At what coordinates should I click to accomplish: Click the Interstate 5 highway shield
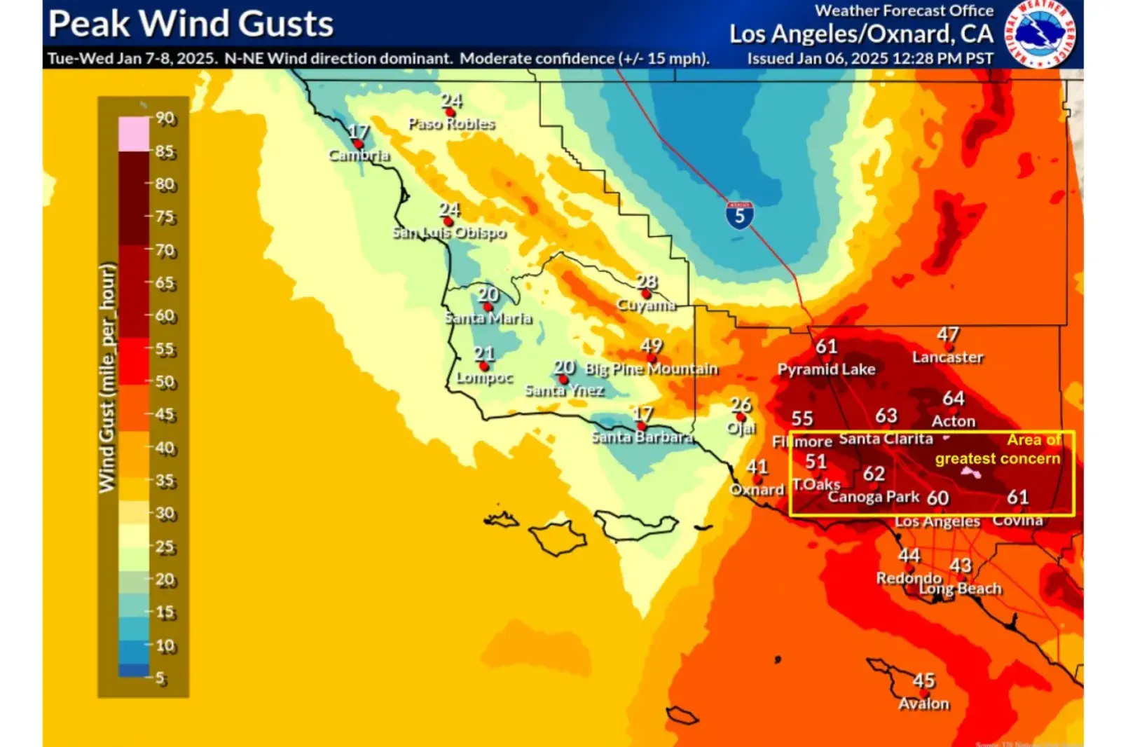tap(739, 215)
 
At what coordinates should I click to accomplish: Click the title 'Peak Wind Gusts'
tap(191, 24)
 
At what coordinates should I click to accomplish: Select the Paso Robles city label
tap(451, 124)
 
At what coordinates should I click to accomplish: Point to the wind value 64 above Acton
tap(953, 398)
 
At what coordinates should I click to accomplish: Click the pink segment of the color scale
tap(134, 134)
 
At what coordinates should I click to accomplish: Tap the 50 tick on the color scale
tap(165, 382)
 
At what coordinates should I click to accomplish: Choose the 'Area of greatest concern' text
tap(998, 449)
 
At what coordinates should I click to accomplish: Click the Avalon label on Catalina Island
tap(923, 704)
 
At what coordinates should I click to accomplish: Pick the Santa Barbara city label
tap(642, 437)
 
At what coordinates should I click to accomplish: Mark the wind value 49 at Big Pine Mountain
tap(651, 345)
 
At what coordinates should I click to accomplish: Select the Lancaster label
tap(947, 357)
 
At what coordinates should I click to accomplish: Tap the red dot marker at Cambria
tap(358, 144)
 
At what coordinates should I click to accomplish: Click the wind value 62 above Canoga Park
tap(874, 474)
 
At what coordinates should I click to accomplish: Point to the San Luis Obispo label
tap(448, 232)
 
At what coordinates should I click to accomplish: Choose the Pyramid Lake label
tap(826, 369)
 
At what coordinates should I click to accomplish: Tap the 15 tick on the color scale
tap(165, 612)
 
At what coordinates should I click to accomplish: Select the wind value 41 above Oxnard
tap(757, 467)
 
